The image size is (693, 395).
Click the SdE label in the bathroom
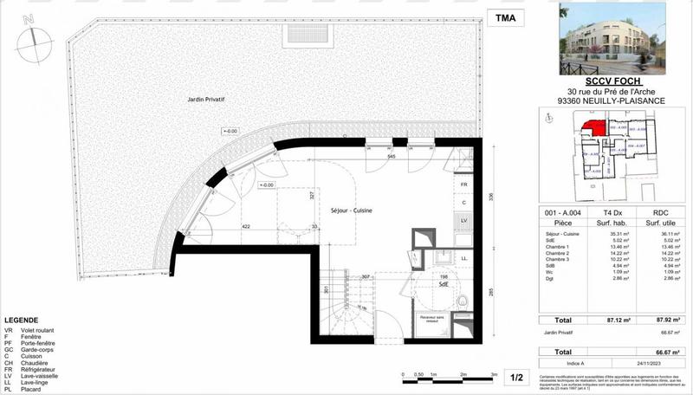443,284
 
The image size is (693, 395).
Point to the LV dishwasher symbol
464,220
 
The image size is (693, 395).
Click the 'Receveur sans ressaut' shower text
436,320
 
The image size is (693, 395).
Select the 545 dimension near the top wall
391,157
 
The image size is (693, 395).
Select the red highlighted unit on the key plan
593,129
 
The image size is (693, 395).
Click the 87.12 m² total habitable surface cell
598,321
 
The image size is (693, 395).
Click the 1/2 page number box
516,378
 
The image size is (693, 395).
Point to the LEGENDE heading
21,320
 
